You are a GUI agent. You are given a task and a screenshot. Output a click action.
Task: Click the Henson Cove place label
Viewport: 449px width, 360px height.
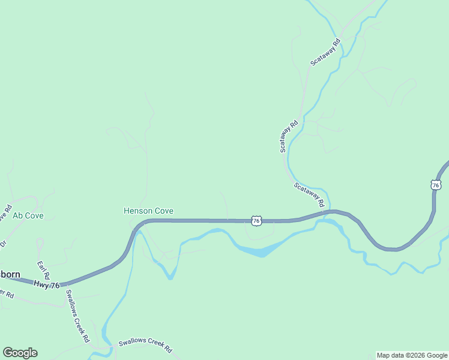148,211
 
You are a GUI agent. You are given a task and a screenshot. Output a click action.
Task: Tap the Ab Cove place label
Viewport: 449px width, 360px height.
28,215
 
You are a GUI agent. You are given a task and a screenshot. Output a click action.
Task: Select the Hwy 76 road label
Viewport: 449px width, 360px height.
47,285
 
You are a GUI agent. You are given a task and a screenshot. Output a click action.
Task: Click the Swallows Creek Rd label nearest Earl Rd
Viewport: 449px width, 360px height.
77,315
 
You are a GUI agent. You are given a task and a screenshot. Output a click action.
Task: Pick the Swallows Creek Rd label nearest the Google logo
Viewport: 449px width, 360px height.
145,345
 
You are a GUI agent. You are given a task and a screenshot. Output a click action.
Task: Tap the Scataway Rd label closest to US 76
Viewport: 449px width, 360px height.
309,194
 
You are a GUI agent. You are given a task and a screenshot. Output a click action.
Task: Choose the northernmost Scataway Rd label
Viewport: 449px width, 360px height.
325,52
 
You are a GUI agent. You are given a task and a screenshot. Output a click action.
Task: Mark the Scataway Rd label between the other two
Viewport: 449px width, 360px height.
289,137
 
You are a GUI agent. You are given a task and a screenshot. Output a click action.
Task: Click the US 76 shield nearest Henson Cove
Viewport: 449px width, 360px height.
256,221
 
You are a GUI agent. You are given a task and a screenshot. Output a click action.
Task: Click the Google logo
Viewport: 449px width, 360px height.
20,353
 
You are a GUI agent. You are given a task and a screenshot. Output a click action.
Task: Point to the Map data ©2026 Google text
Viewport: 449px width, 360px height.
412,355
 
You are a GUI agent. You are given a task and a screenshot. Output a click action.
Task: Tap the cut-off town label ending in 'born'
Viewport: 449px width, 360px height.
10,274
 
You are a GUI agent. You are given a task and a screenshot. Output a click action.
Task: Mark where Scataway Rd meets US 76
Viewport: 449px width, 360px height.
327,212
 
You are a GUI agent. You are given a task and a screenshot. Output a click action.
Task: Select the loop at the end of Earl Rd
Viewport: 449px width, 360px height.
40,244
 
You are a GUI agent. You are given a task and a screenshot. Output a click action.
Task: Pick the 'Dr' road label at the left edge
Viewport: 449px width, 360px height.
2,244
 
